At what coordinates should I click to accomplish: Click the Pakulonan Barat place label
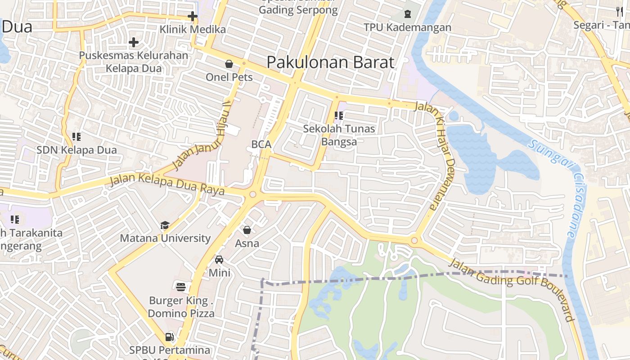pyautogui.click(x=330, y=62)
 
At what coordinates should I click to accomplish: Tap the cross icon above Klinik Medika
pyautogui.click(x=193, y=17)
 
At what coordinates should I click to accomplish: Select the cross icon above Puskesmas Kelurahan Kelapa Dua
pyautogui.click(x=134, y=42)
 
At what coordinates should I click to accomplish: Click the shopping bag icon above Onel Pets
pyautogui.click(x=229, y=64)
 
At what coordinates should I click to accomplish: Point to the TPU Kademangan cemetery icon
pyautogui.click(x=408, y=14)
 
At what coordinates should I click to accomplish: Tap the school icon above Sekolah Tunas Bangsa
pyautogui.click(x=339, y=116)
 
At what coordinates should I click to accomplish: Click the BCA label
pyautogui.click(x=261, y=144)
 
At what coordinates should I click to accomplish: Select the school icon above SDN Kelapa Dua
pyautogui.click(x=76, y=136)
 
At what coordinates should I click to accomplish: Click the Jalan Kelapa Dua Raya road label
pyautogui.click(x=167, y=184)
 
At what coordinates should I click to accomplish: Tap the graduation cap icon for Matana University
pyautogui.click(x=165, y=225)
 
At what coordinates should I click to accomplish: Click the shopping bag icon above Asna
pyautogui.click(x=247, y=230)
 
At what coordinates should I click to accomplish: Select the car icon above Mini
pyautogui.click(x=219, y=260)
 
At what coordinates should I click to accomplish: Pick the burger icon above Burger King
pyautogui.click(x=181, y=287)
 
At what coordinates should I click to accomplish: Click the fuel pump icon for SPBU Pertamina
pyautogui.click(x=170, y=337)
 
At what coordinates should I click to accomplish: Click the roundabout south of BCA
pyautogui.click(x=252, y=195)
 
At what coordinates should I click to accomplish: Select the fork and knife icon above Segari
pyautogui.click(x=620, y=11)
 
